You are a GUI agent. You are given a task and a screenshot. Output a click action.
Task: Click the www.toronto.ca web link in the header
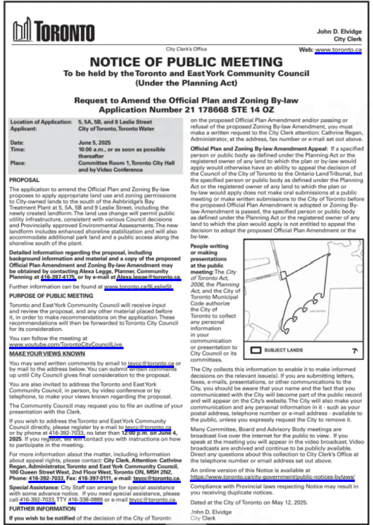338,50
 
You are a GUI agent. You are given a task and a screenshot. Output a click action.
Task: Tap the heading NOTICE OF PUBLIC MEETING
186,62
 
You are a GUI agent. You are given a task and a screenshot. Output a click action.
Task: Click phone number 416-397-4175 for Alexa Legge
59,278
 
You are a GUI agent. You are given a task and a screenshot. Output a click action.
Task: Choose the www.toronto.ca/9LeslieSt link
138,287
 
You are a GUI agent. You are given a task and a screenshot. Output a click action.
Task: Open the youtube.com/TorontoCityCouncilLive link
66,344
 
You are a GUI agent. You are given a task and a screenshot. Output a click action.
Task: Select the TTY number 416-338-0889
85,499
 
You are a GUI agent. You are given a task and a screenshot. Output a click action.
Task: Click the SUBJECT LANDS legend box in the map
256,350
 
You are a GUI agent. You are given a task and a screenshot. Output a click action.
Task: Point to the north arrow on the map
355,350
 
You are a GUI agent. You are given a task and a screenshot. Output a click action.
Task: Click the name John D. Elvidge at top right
339,31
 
